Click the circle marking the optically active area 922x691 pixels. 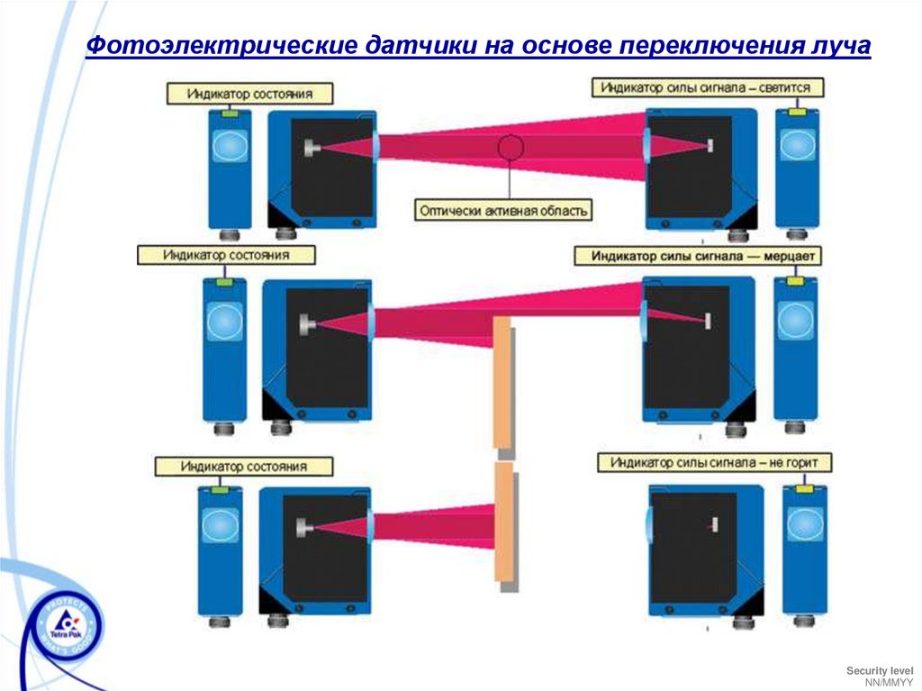tap(511, 148)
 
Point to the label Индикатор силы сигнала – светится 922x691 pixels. tap(707, 88)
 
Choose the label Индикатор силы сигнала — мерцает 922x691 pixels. tap(698, 256)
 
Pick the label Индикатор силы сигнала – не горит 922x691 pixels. tap(715, 462)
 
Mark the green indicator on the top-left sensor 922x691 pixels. tap(230, 114)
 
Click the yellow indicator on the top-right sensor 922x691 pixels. tap(797, 114)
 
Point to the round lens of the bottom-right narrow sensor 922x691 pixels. tap(803, 524)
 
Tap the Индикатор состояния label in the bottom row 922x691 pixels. tap(243, 467)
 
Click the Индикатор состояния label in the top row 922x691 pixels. tap(250, 94)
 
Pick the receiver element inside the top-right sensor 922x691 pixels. tap(710, 146)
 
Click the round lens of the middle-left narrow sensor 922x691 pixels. tap(224, 322)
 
